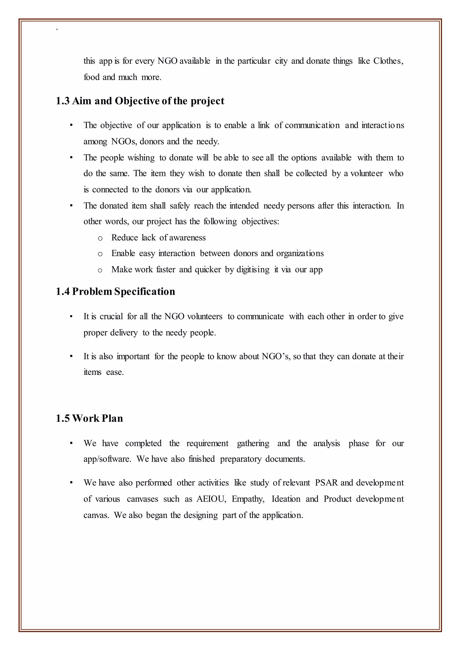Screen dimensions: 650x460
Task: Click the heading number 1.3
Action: pos(63,101)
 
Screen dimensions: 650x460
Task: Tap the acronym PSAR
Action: pos(326,483)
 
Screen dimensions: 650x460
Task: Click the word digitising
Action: pos(253,270)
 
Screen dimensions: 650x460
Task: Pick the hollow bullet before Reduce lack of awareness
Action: pos(100,238)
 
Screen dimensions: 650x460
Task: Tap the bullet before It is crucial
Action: pos(71,316)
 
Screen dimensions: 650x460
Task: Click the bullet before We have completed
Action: pos(71,443)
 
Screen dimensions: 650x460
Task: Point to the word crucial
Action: pos(111,316)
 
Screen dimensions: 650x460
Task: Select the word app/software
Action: pos(107,459)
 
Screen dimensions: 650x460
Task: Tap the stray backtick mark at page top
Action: pos(57,29)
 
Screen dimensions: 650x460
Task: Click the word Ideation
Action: pos(286,499)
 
